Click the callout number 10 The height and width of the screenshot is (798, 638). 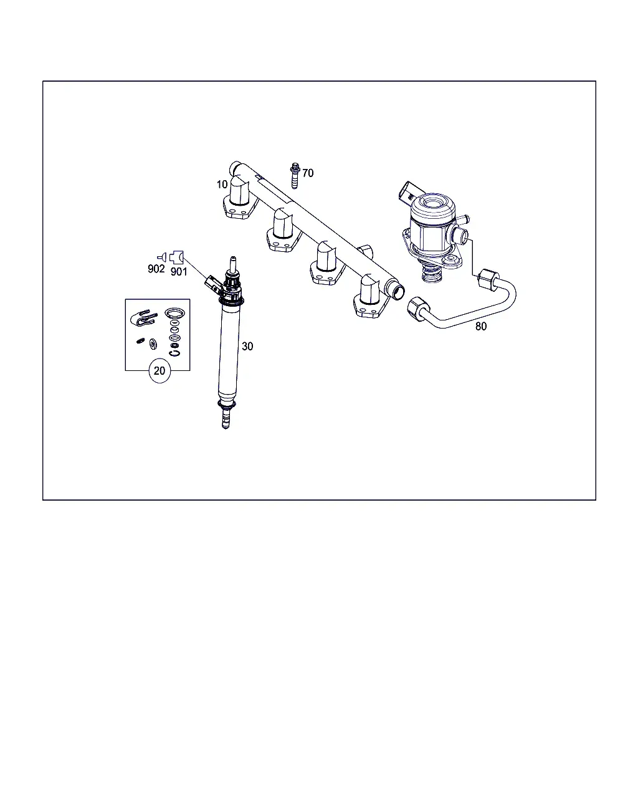coord(222,185)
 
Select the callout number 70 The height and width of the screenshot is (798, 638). coord(308,173)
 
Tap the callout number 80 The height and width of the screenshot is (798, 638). coord(481,326)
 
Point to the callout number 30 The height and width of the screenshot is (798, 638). coord(247,347)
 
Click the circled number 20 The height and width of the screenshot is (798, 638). coord(159,371)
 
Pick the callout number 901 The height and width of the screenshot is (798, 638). coord(179,272)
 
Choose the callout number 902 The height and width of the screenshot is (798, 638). coord(156,269)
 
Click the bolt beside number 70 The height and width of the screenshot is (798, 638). coord(295,176)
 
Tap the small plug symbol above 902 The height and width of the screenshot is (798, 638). coord(163,257)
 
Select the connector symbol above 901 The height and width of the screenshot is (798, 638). coord(177,257)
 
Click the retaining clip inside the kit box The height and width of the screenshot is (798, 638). coord(143,318)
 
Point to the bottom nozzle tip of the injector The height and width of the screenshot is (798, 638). coord(226,423)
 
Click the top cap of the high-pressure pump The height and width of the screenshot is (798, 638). coord(433,206)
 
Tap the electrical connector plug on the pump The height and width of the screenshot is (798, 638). coord(409,193)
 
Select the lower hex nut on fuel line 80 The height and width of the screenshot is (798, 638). coord(419,309)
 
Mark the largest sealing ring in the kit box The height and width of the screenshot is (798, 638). coord(174,314)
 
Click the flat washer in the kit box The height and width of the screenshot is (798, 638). coord(153,344)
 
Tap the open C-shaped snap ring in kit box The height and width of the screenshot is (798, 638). coord(174,353)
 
